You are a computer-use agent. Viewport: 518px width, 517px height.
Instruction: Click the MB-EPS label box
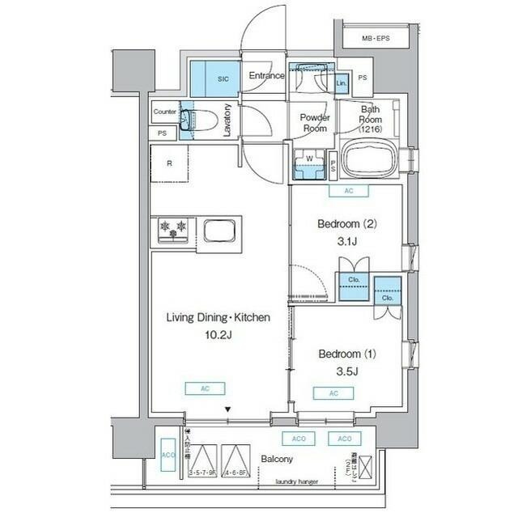coord(375,38)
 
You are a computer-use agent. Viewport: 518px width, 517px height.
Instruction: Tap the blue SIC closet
coord(222,78)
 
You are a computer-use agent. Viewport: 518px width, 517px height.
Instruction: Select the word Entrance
coord(265,76)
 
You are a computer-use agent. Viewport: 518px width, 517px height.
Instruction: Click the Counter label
coord(165,112)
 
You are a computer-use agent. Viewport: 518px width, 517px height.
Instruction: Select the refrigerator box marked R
coord(169,163)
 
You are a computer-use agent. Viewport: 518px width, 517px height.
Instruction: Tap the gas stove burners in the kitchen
coord(172,230)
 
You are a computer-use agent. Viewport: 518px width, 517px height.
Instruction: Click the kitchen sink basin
coord(220,231)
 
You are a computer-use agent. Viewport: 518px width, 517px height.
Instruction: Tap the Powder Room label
coord(313,123)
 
